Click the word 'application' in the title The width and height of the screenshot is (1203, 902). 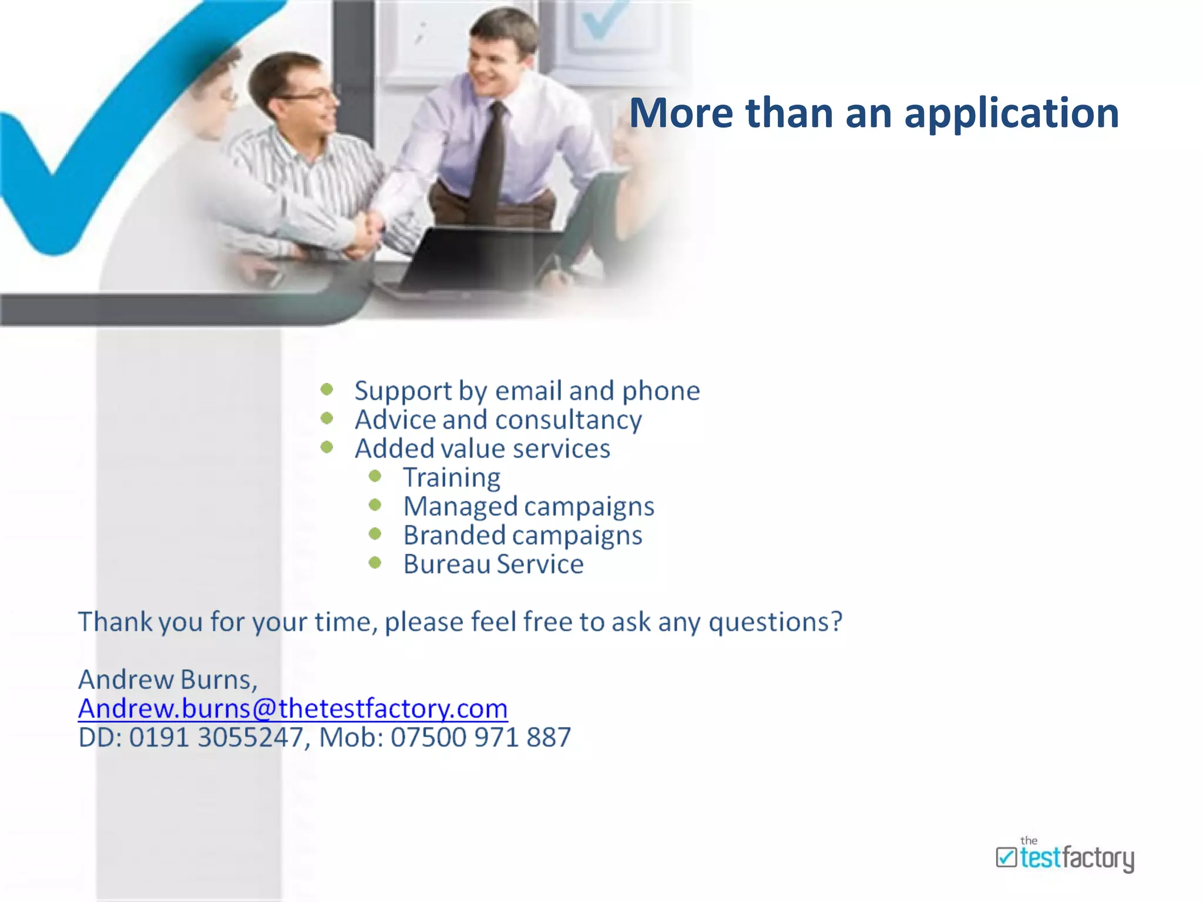click(x=1011, y=113)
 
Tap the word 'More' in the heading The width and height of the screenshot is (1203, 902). click(x=681, y=113)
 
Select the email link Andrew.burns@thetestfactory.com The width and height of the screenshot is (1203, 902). click(x=293, y=708)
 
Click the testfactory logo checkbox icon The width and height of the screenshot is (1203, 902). click(x=1006, y=857)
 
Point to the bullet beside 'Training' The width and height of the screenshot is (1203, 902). click(x=375, y=476)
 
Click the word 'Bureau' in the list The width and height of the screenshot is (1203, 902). click(x=446, y=564)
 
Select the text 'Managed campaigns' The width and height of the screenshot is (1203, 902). click(x=528, y=506)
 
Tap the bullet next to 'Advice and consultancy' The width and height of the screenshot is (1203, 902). click(x=327, y=419)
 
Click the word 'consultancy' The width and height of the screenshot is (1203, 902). click(x=568, y=420)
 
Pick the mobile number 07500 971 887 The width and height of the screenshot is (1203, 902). click(x=480, y=738)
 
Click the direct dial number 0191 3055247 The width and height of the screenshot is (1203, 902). click(x=216, y=738)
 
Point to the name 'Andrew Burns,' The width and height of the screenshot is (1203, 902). click(x=168, y=679)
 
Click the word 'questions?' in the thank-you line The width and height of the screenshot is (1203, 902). click(x=775, y=622)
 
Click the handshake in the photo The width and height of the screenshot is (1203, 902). click(x=368, y=232)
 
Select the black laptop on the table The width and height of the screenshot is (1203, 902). click(x=470, y=258)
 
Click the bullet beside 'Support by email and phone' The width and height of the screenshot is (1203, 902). click(x=327, y=389)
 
